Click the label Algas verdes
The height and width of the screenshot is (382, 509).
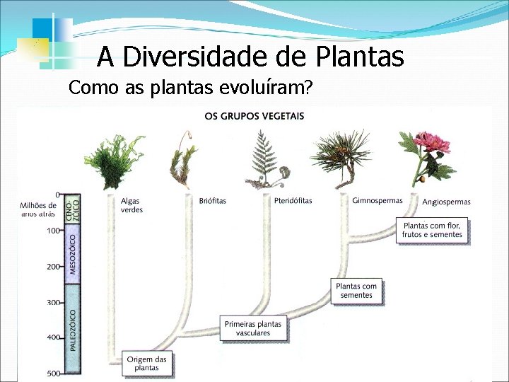132,205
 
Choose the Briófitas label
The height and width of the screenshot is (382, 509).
213,201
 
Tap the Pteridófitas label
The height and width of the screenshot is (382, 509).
293,201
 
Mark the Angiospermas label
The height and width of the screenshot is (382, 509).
446,202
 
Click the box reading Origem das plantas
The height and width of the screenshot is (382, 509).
147,364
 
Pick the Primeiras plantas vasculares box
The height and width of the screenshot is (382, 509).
253,328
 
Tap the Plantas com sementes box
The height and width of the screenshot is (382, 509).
356,291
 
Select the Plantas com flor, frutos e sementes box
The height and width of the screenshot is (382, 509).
433,231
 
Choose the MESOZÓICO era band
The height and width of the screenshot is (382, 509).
74,254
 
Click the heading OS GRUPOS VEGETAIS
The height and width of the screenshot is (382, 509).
255,115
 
